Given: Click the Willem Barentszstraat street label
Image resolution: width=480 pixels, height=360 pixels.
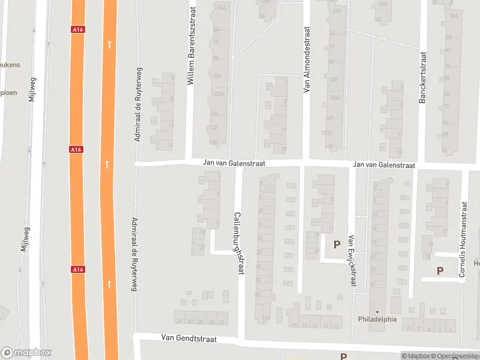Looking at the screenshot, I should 192,46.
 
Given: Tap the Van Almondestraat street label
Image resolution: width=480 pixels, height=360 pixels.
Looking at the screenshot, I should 306,59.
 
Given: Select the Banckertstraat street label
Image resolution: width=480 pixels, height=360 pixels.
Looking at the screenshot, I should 422,76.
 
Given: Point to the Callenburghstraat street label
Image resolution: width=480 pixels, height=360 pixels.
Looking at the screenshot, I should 238,243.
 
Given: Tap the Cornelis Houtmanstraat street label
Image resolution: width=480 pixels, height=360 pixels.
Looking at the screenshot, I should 463,240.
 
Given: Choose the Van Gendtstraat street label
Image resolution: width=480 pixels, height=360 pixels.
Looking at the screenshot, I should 188,338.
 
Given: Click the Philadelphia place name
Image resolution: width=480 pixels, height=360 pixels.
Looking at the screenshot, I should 377,319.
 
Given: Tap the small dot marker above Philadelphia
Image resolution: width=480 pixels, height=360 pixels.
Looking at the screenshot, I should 377,311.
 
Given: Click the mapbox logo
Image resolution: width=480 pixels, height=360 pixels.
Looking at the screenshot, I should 26,353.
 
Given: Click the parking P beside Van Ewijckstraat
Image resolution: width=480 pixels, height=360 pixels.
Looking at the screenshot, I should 337,244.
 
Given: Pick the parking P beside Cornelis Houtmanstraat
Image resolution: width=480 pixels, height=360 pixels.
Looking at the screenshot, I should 440,271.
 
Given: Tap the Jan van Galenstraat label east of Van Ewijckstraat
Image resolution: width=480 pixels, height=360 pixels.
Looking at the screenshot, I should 384,164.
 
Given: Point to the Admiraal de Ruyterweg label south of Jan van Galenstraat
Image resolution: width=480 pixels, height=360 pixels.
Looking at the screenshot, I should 133,254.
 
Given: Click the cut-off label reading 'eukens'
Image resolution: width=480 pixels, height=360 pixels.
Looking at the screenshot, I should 11,64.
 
